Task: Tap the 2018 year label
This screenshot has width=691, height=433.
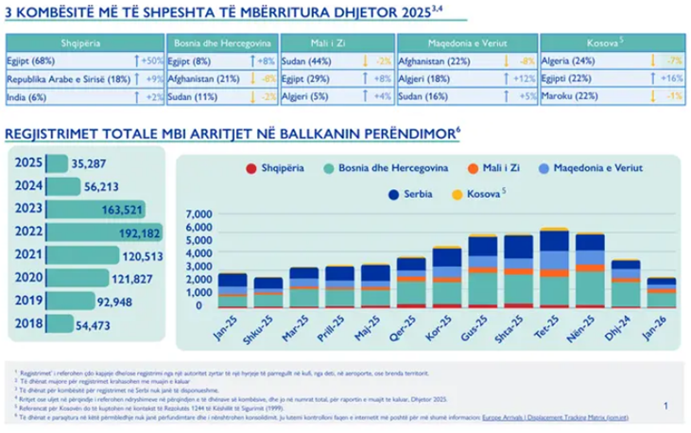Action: [25, 324]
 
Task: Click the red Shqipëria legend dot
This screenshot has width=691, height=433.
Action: [250, 167]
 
